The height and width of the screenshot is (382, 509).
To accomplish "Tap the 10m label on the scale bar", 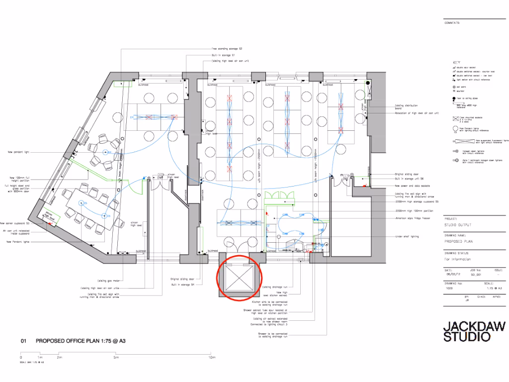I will click(x=212, y=358).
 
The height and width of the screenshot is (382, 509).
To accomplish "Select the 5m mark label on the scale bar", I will click(x=116, y=358).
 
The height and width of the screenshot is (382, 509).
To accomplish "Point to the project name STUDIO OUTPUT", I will click(x=458, y=225).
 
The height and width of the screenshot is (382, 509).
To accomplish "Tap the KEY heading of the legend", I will click(x=456, y=63).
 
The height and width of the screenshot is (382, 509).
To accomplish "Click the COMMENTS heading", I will click(x=452, y=23).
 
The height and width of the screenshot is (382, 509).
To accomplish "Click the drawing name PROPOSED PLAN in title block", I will click(x=458, y=241).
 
